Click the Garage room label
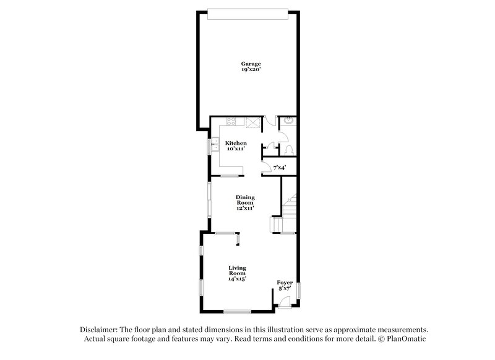click(251, 64)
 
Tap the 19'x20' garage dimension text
click(251, 70)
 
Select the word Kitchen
click(236, 143)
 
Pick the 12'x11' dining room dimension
click(245, 208)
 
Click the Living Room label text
click(237, 270)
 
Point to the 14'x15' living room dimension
click(237, 280)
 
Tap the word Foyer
click(285, 283)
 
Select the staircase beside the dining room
click(288, 207)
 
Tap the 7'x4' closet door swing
click(267, 166)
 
